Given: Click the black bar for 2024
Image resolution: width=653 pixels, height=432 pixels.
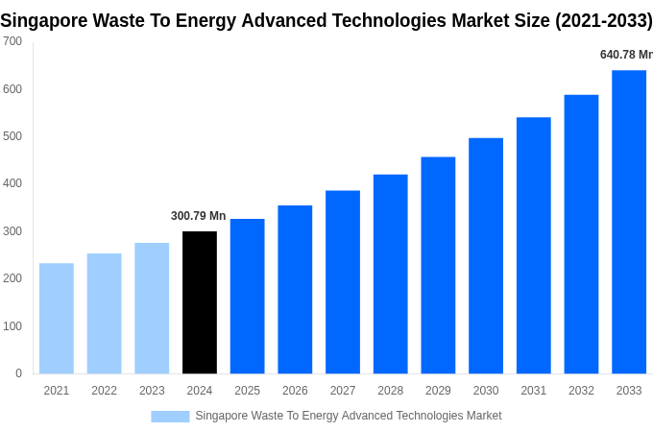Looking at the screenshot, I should coord(200,302).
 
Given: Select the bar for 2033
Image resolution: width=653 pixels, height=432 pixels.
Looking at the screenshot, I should coord(629,222).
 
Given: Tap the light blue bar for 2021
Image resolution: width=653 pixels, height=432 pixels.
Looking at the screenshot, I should coord(57,319).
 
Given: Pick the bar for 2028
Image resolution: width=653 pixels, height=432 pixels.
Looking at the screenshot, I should coord(390,275).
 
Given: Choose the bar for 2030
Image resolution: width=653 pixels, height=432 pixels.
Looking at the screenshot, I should coord(486,256).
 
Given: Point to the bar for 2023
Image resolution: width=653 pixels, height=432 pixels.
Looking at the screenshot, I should coord(152,308).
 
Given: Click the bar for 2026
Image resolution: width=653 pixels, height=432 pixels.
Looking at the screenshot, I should coord(295,290).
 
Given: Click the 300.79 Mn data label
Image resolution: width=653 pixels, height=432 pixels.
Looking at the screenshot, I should coord(199,216).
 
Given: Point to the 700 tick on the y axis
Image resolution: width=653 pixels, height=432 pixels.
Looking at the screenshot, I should coord(12,41).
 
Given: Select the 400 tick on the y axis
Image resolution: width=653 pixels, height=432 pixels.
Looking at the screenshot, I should coord(12,183).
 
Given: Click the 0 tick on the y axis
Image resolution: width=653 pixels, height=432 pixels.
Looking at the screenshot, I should coord(18,373).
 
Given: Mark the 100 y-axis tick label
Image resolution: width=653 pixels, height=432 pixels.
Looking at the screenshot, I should coord(12,326).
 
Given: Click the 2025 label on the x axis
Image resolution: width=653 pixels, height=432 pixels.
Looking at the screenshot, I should coord(247,391).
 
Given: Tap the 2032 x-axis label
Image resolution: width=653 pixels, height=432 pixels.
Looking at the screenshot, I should coord(581,391).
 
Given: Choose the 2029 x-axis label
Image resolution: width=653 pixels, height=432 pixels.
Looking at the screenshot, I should coord(438,391).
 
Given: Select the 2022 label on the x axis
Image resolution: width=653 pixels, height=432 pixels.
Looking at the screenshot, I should coord(104,391).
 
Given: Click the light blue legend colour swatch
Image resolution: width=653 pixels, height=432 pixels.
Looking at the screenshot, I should coord(170,417).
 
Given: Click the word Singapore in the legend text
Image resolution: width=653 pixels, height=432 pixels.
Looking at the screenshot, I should coord(222,416).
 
